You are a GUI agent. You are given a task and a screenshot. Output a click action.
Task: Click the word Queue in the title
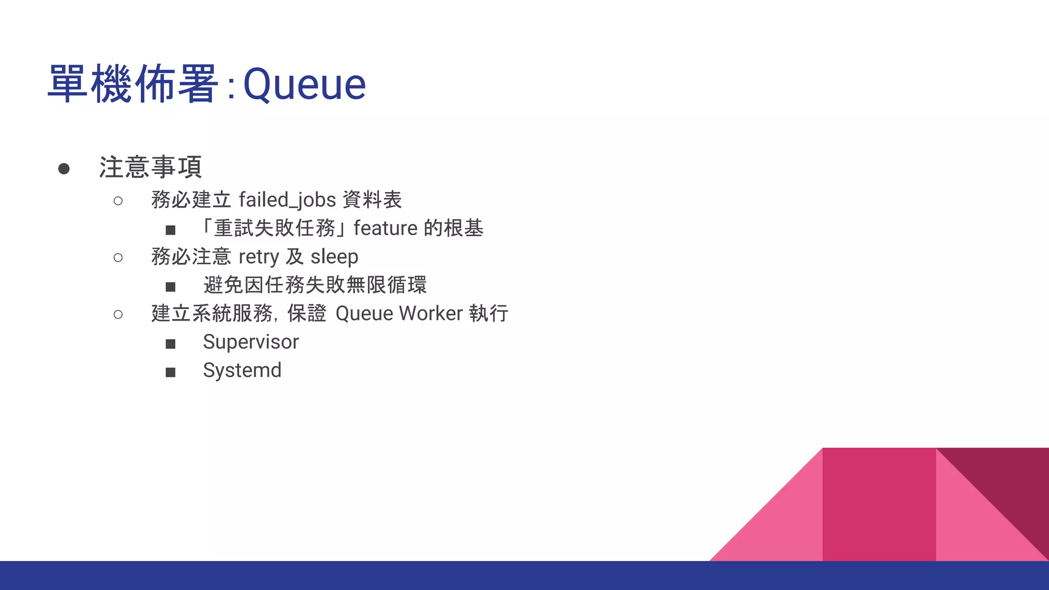click(x=304, y=85)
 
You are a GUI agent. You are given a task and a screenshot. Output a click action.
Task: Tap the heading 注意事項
click(x=151, y=167)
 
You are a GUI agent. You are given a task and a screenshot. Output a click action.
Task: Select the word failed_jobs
click(x=287, y=200)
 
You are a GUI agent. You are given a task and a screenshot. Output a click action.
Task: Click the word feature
click(x=385, y=228)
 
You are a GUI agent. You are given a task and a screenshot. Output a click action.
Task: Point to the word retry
click(x=259, y=257)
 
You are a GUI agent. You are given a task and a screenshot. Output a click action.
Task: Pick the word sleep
click(x=334, y=257)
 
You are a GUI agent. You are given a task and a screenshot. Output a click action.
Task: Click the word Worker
click(x=431, y=313)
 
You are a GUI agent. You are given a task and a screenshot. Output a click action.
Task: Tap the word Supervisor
click(x=250, y=342)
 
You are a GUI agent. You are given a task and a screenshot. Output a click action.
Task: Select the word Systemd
click(x=242, y=370)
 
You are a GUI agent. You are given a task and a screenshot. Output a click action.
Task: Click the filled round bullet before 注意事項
click(x=64, y=168)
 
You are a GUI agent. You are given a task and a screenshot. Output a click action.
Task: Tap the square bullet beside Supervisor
click(x=171, y=344)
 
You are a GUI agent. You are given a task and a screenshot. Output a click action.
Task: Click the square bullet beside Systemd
click(x=171, y=372)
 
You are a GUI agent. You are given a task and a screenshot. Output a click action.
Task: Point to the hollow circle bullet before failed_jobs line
click(x=118, y=201)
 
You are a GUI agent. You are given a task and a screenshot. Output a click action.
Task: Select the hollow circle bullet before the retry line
click(x=118, y=258)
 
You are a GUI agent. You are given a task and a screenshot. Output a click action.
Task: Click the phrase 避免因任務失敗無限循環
click(x=314, y=285)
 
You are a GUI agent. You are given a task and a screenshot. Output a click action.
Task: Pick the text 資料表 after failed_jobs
click(x=372, y=200)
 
